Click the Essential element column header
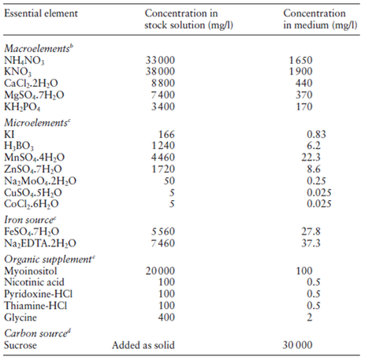[x=41, y=13]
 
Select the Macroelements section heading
[x=39, y=48]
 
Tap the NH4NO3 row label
[x=24, y=61]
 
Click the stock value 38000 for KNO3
[x=160, y=72]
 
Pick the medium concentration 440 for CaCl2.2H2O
[x=304, y=84]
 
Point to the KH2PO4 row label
[x=22, y=107]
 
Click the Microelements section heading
[x=37, y=123]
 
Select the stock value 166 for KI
[x=166, y=135]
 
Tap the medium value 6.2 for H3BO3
[x=314, y=146]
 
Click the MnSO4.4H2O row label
[x=34, y=158]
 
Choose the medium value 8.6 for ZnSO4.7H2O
[x=314, y=169]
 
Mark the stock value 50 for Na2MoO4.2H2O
[x=169, y=181]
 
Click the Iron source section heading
[x=30, y=220]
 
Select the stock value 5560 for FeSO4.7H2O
[x=163, y=232]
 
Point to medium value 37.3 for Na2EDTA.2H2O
[x=311, y=243]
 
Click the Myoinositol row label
[x=31, y=271]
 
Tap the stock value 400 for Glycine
[x=166, y=317]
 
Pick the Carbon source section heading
[x=37, y=333]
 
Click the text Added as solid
[x=143, y=345]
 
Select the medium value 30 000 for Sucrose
[x=297, y=345]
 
